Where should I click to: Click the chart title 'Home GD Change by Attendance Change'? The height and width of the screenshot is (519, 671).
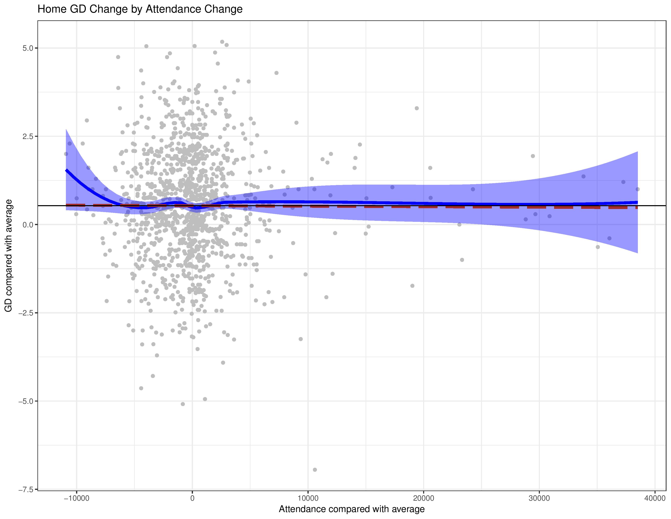pos(140,9)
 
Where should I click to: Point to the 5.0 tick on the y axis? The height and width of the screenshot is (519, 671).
pos(28,48)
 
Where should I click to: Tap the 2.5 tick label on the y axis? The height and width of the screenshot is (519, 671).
pos(28,137)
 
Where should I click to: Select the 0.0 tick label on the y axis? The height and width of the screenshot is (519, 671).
pos(28,225)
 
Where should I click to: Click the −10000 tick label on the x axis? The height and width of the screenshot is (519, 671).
pos(76,498)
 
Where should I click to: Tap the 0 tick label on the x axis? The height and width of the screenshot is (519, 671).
pos(192,498)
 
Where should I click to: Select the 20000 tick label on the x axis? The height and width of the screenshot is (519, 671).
pos(424,498)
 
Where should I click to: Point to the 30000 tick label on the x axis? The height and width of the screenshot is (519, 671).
pos(539,498)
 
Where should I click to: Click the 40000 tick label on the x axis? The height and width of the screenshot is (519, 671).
pos(655,498)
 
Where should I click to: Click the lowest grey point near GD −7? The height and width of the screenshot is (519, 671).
pos(315,470)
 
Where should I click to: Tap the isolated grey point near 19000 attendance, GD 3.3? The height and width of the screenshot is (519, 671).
pos(417,108)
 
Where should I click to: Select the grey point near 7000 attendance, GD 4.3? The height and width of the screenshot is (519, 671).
pos(276,73)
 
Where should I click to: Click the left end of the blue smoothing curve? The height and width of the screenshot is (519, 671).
pos(66,170)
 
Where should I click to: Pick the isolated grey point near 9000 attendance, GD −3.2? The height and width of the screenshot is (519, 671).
pos(301,339)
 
